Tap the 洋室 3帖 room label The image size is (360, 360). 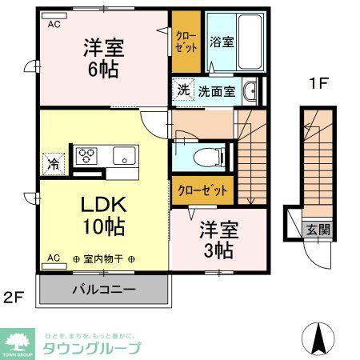(216, 240)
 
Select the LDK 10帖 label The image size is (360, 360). (103, 215)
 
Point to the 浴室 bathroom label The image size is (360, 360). (222, 41)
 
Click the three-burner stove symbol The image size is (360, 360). (86, 154)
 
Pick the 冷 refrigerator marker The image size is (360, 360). (54, 166)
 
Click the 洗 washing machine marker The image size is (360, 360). (183, 90)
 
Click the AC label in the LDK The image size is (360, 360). (54, 258)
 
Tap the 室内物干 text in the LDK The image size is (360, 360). (103, 259)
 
